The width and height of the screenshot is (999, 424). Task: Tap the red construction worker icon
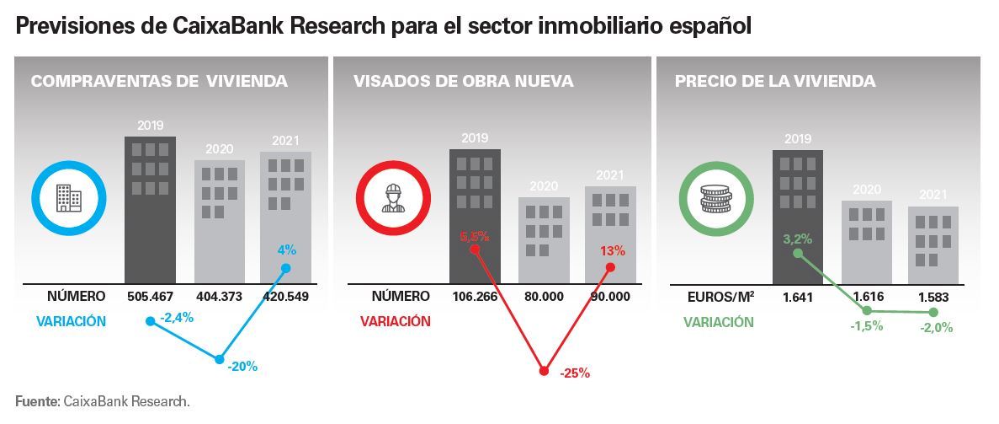point(393,199)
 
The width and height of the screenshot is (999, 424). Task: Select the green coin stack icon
point(716,199)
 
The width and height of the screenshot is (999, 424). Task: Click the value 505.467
point(150,297)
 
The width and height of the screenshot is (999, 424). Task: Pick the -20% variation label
point(242,366)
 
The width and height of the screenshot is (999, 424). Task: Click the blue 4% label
point(286,250)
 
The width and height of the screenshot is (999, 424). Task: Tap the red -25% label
point(574,373)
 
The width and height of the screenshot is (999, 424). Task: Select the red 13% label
point(613,250)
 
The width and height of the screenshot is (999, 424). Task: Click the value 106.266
point(475,297)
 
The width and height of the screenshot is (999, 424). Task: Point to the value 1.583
point(933,297)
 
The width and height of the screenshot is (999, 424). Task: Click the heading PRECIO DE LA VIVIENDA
point(775,82)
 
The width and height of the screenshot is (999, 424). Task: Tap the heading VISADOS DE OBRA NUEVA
point(463,82)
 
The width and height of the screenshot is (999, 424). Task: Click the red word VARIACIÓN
point(395,321)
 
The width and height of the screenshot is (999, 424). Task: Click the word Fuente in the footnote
point(36,400)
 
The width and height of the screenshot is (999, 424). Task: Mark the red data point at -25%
point(545,369)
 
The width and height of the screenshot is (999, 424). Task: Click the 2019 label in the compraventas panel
point(150,126)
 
